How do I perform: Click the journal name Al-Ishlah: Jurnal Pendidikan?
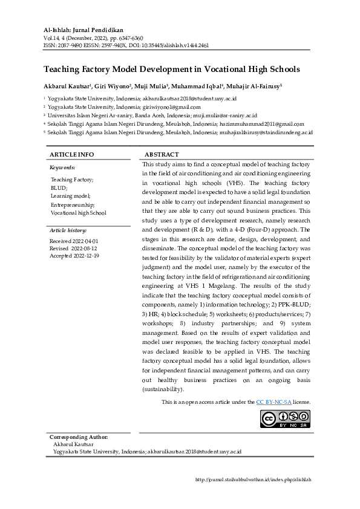[x=83, y=29]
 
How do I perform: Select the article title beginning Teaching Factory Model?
[x=171, y=70]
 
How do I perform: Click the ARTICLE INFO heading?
[x=71, y=155]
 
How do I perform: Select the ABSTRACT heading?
[x=162, y=155]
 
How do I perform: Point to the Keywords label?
[x=62, y=167]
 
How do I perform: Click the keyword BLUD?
[x=59, y=188]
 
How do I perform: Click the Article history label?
[x=68, y=230]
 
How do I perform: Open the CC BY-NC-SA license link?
[x=274, y=401]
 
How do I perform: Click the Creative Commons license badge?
[x=286, y=419]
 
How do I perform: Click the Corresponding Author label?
[x=79, y=436]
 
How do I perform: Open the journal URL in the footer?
[x=254, y=479]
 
